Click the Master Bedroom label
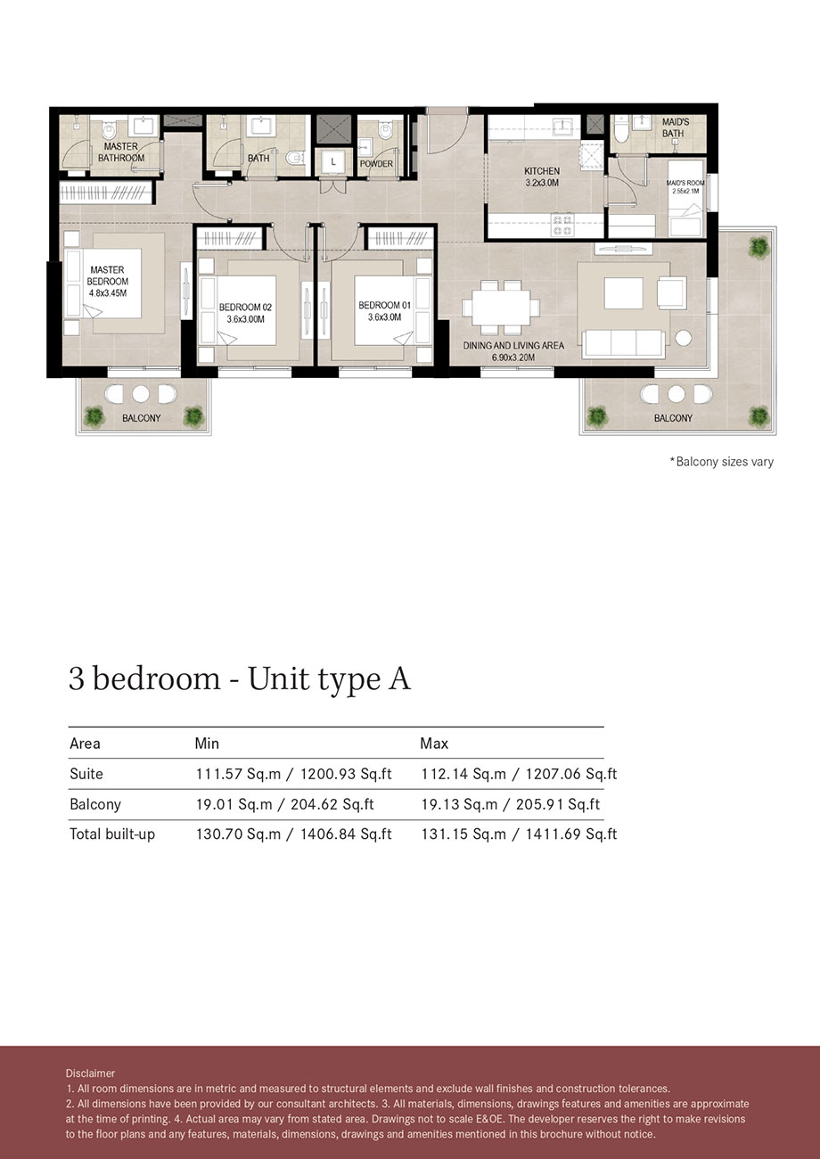click(106, 275)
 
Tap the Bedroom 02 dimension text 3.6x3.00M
click(245, 318)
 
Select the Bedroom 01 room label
click(384, 306)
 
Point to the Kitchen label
click(541, 171)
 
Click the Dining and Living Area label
click(512, 345)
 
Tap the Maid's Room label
click(685, 183)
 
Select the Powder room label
click(376, 164)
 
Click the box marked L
click(333, 162)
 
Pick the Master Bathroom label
click(121, 152)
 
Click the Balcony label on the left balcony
click(142, 418)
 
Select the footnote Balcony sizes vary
click(721, 462)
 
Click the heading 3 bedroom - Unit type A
click(240, 678)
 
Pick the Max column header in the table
click(434, 743)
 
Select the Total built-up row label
click(111, 834)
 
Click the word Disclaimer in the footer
click(90, 1073)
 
